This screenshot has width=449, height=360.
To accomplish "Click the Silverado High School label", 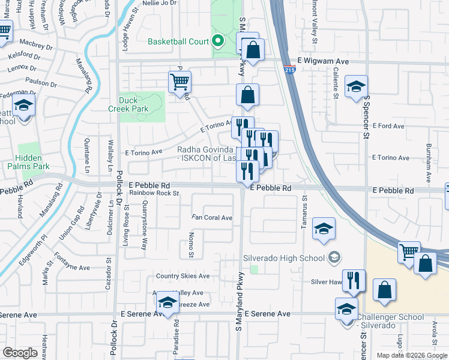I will pyautogui.click(x=283, y=258).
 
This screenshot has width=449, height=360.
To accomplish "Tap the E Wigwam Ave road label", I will pyautogui.click(x=324, y=61).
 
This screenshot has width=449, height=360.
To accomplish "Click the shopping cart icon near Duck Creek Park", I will pyautogui.click(x=179, y=83).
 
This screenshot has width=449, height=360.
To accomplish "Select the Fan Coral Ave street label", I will pyautogui.click(x=211, y=218).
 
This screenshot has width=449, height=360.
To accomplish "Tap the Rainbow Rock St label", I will pyautogui.click(x=154, y=193).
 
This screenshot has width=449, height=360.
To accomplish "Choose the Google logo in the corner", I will pyautogui.click(x=20, y=353).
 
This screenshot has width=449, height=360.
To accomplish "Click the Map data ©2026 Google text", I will pyautogui.click(x=411, y=355).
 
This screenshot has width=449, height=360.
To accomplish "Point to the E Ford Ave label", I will pyautogui.click(x=390, y=126).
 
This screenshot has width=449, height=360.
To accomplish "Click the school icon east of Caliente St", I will pyautogui.click(x=356, y=88).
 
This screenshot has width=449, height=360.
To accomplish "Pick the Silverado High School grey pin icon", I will pyautogui.click(x=334, y=258).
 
